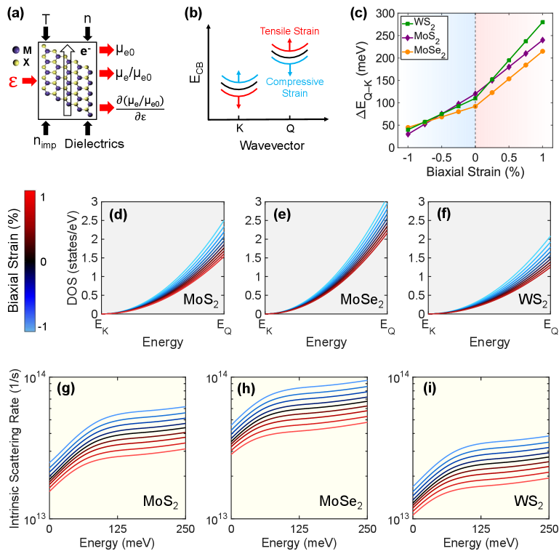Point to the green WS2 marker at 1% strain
pos(542,22)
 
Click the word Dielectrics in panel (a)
pos(89,144)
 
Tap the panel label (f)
pos(441,216)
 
